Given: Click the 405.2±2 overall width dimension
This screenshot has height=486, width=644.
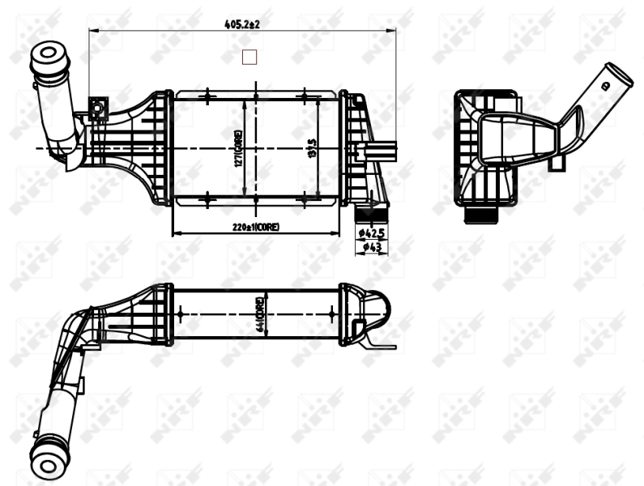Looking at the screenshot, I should (241, 24).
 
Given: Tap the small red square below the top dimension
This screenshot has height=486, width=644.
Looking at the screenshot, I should (249, 56).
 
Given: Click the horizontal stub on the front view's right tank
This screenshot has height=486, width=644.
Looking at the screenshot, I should (384, 151).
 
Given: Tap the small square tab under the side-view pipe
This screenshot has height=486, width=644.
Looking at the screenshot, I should (556, 163).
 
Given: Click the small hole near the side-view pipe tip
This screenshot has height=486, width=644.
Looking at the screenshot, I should (604, 85).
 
